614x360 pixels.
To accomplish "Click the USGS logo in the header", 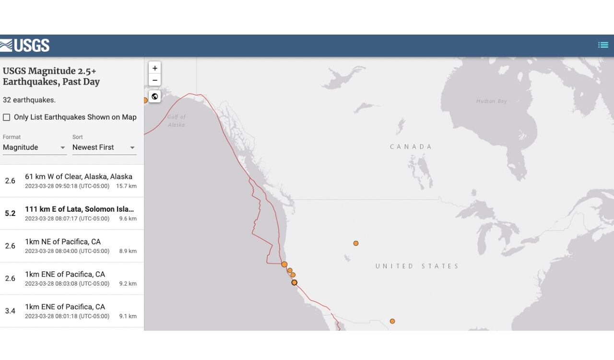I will [x=25, y=46].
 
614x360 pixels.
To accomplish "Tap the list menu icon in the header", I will [x=603, y=45].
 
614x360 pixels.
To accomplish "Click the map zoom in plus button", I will [x=154, y=68].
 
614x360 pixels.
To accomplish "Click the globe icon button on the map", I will [x=154, y=96].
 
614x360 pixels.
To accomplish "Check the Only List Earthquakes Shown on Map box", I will [x=7, y=117].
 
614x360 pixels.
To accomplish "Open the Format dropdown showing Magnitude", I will [x=35, y=147].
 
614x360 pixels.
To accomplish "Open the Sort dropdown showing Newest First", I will [x=104, y=147].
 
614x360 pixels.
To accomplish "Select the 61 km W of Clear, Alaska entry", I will [x=79, y=177].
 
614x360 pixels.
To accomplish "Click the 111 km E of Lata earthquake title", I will [x=79, y=209].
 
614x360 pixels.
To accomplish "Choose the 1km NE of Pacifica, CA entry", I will [x=63, y=242].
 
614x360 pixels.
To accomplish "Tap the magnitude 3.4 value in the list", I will [x=10, y=311].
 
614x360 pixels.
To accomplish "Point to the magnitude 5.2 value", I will [x=10, y=214].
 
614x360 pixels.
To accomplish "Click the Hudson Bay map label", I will [x=491, y=101].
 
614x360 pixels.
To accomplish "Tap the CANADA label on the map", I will [x=411, y=147].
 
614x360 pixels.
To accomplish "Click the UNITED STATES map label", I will [x=417, y=266].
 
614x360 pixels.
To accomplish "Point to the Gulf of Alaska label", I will [x=176, y=120].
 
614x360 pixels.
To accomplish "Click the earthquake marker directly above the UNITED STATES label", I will [x=356, y=243].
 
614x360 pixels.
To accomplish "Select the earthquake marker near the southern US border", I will [x=392, y=321].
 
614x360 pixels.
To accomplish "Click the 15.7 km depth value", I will [x=126, y=186].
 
